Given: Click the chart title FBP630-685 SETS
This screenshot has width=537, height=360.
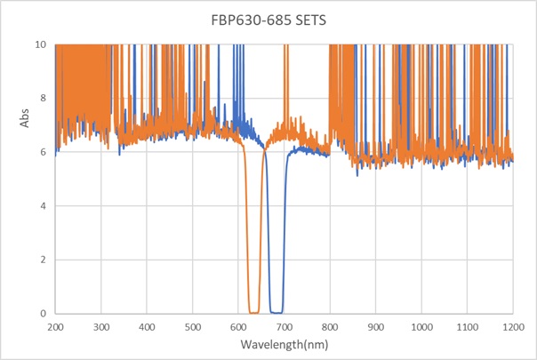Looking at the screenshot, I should click(268, 20).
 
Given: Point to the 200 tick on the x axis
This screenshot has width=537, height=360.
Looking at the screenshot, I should click(55, 327).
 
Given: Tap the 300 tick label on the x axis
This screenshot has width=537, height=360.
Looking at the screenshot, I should click(100, 327).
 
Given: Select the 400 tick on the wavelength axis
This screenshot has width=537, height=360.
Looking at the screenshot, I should click(147, 327).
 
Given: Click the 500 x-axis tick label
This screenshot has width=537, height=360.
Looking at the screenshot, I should click(192, 327).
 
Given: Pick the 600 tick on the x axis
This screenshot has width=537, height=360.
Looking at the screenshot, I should click(238, 327).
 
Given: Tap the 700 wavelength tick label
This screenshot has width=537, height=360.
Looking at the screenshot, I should click(284, 327).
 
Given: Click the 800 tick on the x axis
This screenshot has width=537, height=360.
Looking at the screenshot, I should click(330, 327).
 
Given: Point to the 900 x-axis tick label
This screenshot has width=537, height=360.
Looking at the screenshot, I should click(375, 327).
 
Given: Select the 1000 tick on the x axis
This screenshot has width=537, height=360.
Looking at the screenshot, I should click(421, 327).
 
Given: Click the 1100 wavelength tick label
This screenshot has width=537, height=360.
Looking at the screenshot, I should click(467, 327).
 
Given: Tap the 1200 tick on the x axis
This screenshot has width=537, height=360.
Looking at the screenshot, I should click(513, 327).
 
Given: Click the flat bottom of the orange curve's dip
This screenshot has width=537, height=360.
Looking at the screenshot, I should click(253, 313).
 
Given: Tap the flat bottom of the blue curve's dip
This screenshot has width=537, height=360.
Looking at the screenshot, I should click(276, 313).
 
